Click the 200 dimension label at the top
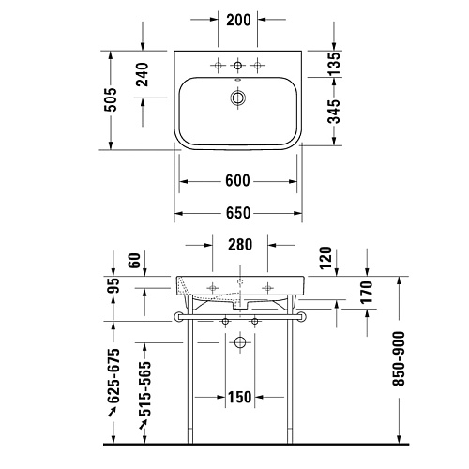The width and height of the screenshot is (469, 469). click(238, 20)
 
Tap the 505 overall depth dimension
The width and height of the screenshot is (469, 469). click(111, 99)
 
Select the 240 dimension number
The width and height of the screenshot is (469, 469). click(143, 74)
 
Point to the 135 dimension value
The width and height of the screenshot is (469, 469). click(334, 64)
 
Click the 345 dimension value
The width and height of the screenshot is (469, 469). click(334, 112)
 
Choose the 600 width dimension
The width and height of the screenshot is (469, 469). click(237, 181)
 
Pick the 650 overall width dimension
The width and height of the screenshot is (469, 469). click(238, 213)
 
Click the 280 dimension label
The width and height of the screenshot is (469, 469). click(240, 245)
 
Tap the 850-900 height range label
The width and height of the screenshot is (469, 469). click(399, 358)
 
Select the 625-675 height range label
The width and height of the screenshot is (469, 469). click(113, 375)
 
